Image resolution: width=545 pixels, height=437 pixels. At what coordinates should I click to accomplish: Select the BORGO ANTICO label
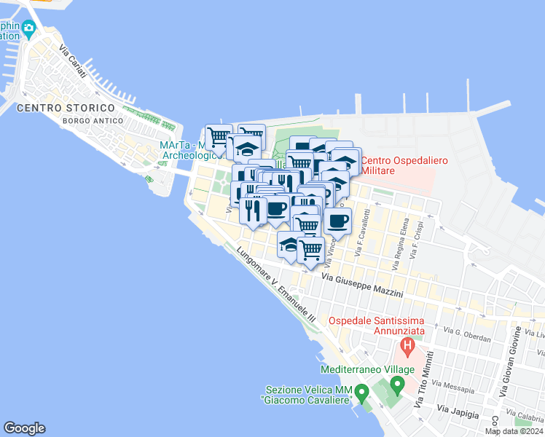click(x=89, y=119)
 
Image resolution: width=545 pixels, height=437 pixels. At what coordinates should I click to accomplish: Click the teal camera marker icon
click(x=28, y=30)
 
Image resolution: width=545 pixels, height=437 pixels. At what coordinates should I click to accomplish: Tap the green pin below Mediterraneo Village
click(x=397, y=383)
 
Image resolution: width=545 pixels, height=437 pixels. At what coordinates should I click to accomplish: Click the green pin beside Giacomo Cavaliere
click(x=361, y=395)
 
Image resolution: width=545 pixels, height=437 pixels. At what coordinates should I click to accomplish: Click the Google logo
click(x=24, y=428)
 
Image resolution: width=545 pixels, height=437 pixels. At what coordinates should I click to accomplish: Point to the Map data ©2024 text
click(x=512, y=431)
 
